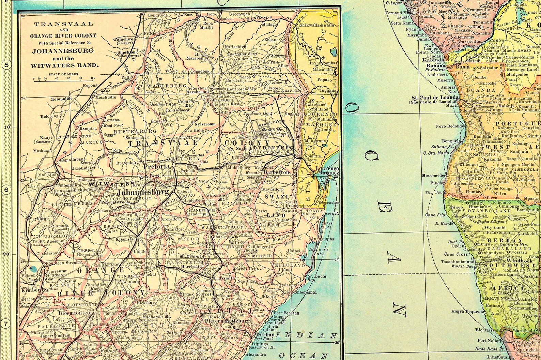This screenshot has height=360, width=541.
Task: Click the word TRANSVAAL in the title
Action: click(64, 25)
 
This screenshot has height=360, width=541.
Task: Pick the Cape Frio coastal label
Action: click(435, 215)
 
